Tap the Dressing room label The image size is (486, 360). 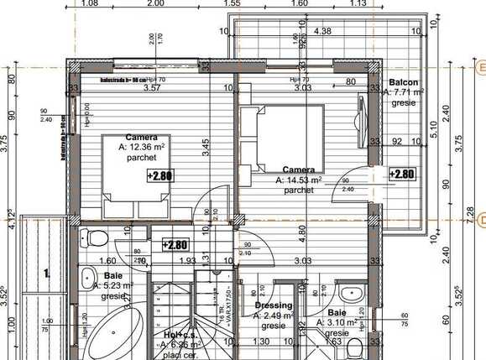click(274, 305)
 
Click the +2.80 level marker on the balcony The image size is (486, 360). click(402, 175)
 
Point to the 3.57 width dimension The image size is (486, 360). click(152, 87)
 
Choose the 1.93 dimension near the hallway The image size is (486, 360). click(187, 261)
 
